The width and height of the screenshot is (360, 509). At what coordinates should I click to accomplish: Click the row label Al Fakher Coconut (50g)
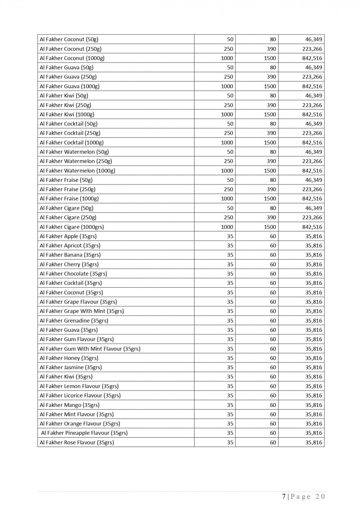(69, 39)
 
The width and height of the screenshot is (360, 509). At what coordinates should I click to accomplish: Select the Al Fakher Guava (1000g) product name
(70, 86)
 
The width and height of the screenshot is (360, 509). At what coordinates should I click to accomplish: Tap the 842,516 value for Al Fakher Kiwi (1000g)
(312, 114)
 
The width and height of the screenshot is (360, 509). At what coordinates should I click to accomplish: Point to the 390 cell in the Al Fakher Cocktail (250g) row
(271, 133)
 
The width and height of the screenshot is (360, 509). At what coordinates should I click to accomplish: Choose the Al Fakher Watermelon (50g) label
(74, 152)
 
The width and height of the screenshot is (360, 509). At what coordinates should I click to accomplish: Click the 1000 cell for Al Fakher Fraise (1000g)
(227, 199)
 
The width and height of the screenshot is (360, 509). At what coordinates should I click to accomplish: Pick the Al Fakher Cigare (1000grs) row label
(72, 227)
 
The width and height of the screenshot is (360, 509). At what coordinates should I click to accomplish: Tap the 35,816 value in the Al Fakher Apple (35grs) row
(314, 236)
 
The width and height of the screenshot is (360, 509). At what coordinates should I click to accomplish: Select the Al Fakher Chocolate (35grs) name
(73, 274)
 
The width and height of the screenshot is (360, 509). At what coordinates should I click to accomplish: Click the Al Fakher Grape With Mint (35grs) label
(82, 311)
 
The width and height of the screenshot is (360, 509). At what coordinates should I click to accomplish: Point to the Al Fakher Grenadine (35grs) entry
(74, 320)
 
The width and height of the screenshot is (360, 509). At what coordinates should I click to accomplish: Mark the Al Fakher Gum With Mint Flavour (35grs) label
(90, 348)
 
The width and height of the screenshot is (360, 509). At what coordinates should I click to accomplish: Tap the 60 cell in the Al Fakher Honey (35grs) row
(273, 358)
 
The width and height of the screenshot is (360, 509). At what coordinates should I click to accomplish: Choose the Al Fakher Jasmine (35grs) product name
(71, 367)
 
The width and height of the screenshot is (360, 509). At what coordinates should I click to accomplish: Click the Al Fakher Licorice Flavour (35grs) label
(80, 395)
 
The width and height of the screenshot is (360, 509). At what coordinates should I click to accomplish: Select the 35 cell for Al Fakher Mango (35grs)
(230, 405)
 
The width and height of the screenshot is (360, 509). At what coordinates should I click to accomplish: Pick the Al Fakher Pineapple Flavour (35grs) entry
(84, 433)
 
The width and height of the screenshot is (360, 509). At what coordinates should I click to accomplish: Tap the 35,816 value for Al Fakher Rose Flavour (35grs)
(314, 442)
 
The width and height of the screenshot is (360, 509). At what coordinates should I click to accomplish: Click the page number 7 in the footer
(284, 496)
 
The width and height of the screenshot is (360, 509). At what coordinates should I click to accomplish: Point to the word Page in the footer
(300, 496)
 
